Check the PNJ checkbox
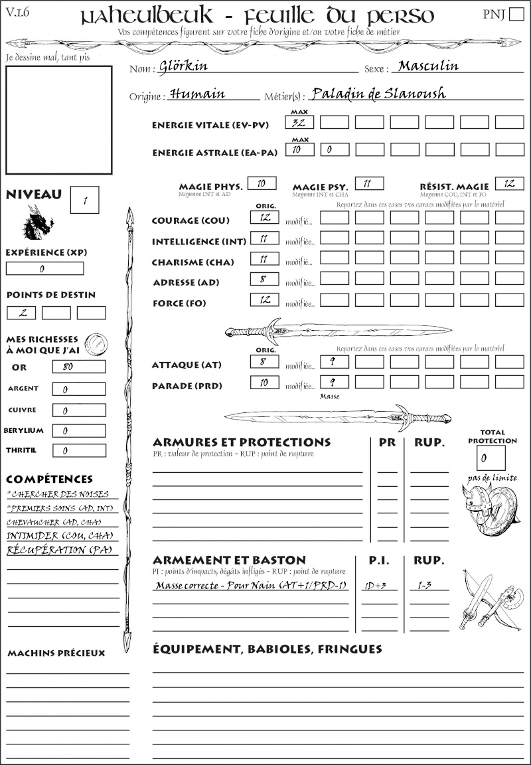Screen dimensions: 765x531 click(515, 15)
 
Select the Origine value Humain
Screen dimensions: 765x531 click(198, 94)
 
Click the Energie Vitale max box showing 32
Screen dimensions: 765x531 click(299, 122)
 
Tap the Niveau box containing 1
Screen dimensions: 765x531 click(84, 200)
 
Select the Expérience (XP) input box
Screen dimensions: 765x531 click(45, 268)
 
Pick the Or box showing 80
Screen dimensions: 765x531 click(78, 367)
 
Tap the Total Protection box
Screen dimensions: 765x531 click(491, 458)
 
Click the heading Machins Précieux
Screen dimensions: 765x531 click(56, 653)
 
